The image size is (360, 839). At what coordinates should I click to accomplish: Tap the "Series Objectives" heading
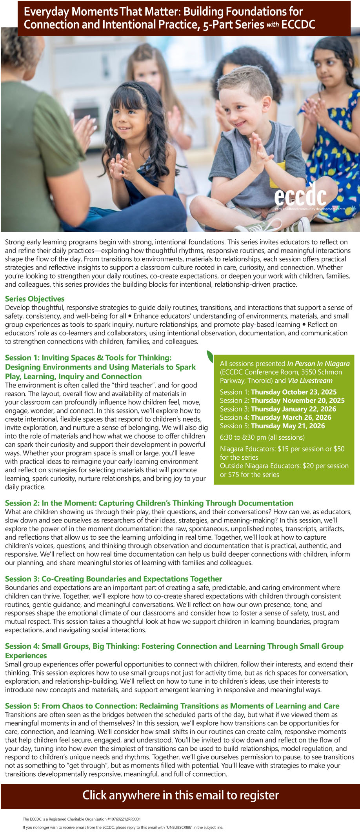(x=35, y=299)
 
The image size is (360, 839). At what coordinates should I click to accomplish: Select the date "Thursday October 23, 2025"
(x=293, y=392)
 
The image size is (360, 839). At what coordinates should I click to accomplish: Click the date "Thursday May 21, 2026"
(x=288, y=426)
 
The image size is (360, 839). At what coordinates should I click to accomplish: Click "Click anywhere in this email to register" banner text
(x=180, y=795)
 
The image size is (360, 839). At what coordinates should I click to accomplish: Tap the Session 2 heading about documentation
(x=149, y=503)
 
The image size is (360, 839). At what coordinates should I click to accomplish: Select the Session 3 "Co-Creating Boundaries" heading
(x=113, y=579)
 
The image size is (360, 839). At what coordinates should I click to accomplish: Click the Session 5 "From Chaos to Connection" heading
(x=172, y=706)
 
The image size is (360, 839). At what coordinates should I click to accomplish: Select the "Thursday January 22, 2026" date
(x=293, y=409)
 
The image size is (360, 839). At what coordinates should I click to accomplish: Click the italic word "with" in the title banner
(x=273, y=25)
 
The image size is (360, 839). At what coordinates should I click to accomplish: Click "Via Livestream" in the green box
(x=310, y=380)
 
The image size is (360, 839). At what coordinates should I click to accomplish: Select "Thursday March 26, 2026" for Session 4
(x=291, y=417)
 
